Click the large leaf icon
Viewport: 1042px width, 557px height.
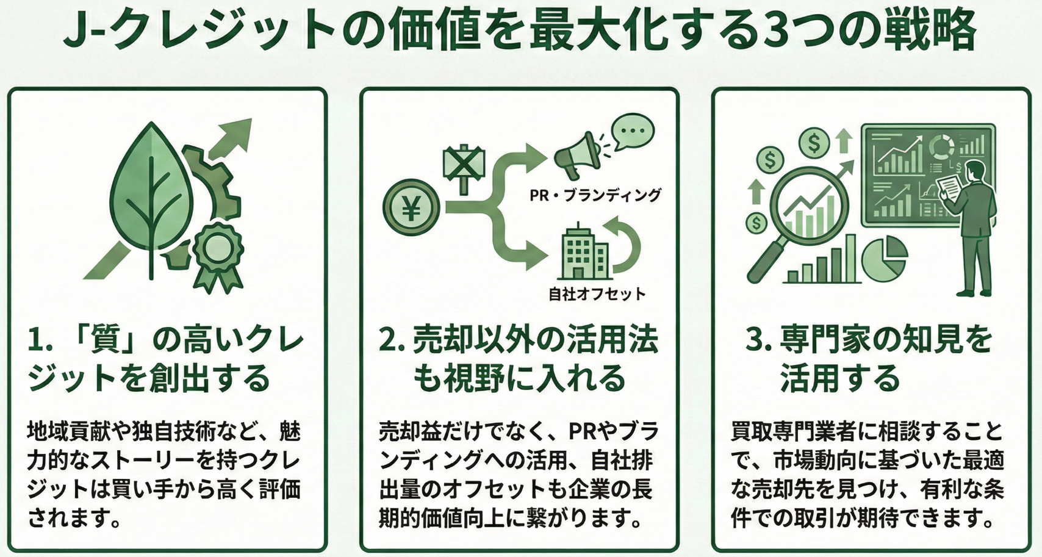(x=152, y=195)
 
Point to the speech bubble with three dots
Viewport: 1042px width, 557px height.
(x=632, y=131)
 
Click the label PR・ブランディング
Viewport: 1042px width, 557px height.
(x=595, y=195)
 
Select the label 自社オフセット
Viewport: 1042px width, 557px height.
(x=597, y=294)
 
